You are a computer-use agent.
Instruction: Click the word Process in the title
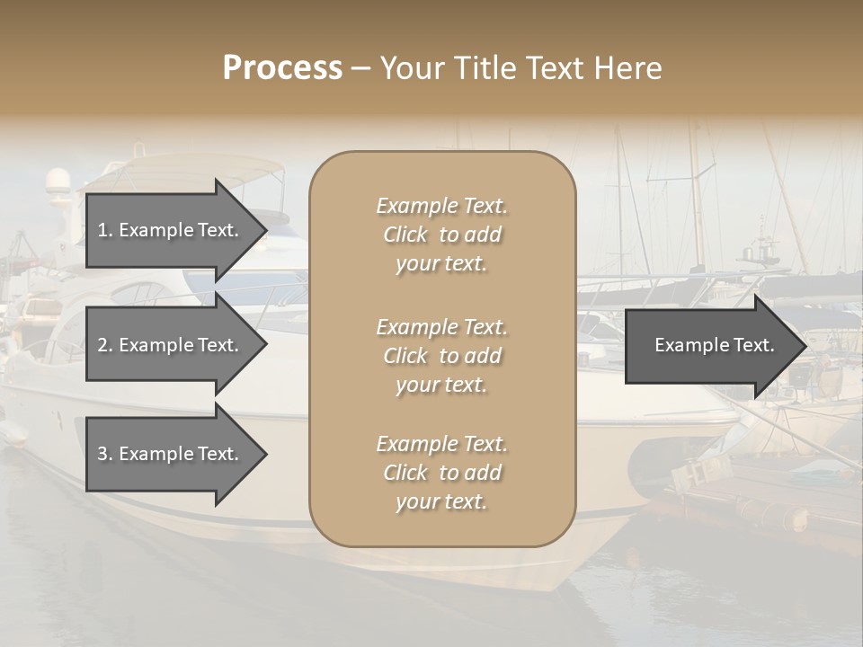tap(282, 68)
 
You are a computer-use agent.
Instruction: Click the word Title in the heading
tap(487, 68)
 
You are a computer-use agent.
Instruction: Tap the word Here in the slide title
tap(627, 68)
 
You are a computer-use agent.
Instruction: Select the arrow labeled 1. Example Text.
tap(171, 230)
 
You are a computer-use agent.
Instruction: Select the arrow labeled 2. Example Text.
tap(171, 345)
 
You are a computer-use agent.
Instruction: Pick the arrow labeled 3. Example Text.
tap(171, 454)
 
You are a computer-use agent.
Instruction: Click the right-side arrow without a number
tap(710, 346)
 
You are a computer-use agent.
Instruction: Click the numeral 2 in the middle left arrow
tap(102, 345)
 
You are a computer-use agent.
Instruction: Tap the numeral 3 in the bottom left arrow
tap(102, 454)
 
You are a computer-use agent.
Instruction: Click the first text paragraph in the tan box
tap(441, 235)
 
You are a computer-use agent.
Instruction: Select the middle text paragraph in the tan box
tap(441, 356)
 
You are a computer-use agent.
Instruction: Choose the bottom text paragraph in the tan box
tap(441, 473)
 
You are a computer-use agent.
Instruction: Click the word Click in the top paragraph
tap(405, 235)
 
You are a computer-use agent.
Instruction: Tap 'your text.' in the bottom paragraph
tap(441, 501)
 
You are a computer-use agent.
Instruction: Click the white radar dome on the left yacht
tap(58, 179)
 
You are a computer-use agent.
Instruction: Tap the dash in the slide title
tap(360, 68)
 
